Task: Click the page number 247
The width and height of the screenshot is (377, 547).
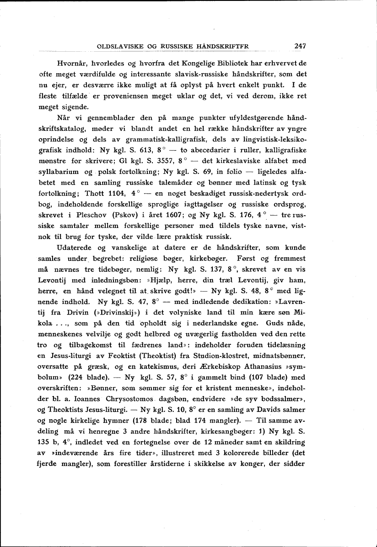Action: [300, 46]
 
